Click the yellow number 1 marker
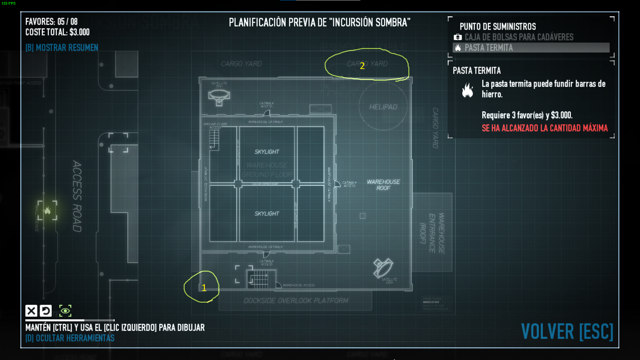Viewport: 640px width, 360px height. (204, 288)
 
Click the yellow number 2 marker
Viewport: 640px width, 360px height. (362, 66)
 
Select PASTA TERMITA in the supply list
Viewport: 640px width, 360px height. (489, 48)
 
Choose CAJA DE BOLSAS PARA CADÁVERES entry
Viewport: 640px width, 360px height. (519, 37)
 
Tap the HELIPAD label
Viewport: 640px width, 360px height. (383, 107)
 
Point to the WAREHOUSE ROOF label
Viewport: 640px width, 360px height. (383, 185)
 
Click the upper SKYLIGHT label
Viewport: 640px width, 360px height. (267, 152)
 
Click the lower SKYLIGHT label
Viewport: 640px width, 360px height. (267, 214)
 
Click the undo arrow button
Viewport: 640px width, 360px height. (46, 311)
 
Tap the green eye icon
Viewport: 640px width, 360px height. (65, 311)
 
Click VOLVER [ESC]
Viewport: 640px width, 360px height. (567, 332)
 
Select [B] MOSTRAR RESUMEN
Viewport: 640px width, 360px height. (62, 48)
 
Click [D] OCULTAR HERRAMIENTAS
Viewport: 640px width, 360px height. (70, 338)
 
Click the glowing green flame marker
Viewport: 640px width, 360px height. (47, 210)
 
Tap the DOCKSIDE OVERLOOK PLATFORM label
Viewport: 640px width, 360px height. (296, 301)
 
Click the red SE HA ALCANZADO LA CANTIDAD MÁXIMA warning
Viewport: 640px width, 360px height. (544, 128)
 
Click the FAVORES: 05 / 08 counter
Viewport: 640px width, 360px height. (51, 22)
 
